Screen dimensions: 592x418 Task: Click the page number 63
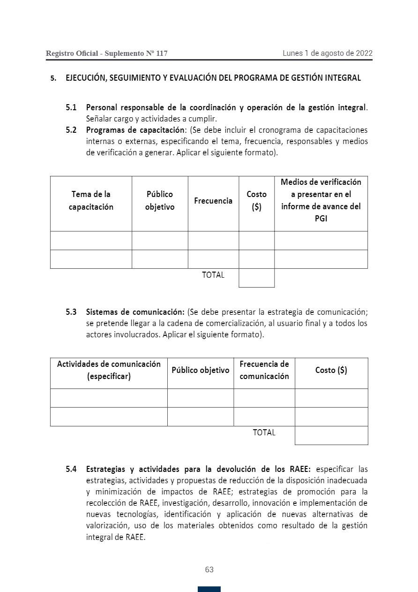(209, 570)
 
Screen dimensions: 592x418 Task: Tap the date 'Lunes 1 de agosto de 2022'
(327, 53)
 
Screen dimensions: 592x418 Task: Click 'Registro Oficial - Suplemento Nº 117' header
(106, 54)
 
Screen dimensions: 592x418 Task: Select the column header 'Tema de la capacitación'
(91, 201)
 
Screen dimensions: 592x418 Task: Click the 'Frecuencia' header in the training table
(213, 201)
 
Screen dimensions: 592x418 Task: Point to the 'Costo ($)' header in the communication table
(331, 370)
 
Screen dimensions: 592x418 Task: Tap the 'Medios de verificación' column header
(321, 200)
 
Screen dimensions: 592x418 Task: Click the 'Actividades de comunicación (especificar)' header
(109, 370)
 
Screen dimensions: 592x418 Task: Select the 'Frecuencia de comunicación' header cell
(264, 370)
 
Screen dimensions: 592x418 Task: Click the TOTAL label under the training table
(213, 275)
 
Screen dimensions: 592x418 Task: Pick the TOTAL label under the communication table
(264, 433)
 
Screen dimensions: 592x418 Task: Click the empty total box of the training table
(256, 278)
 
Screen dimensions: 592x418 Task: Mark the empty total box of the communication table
(331, 435)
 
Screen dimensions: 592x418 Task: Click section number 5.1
(71, 107)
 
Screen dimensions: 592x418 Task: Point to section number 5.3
(71, 312)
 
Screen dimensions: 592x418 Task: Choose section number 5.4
(71, 469)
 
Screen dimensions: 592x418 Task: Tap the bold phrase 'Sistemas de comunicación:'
(135, 312)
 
